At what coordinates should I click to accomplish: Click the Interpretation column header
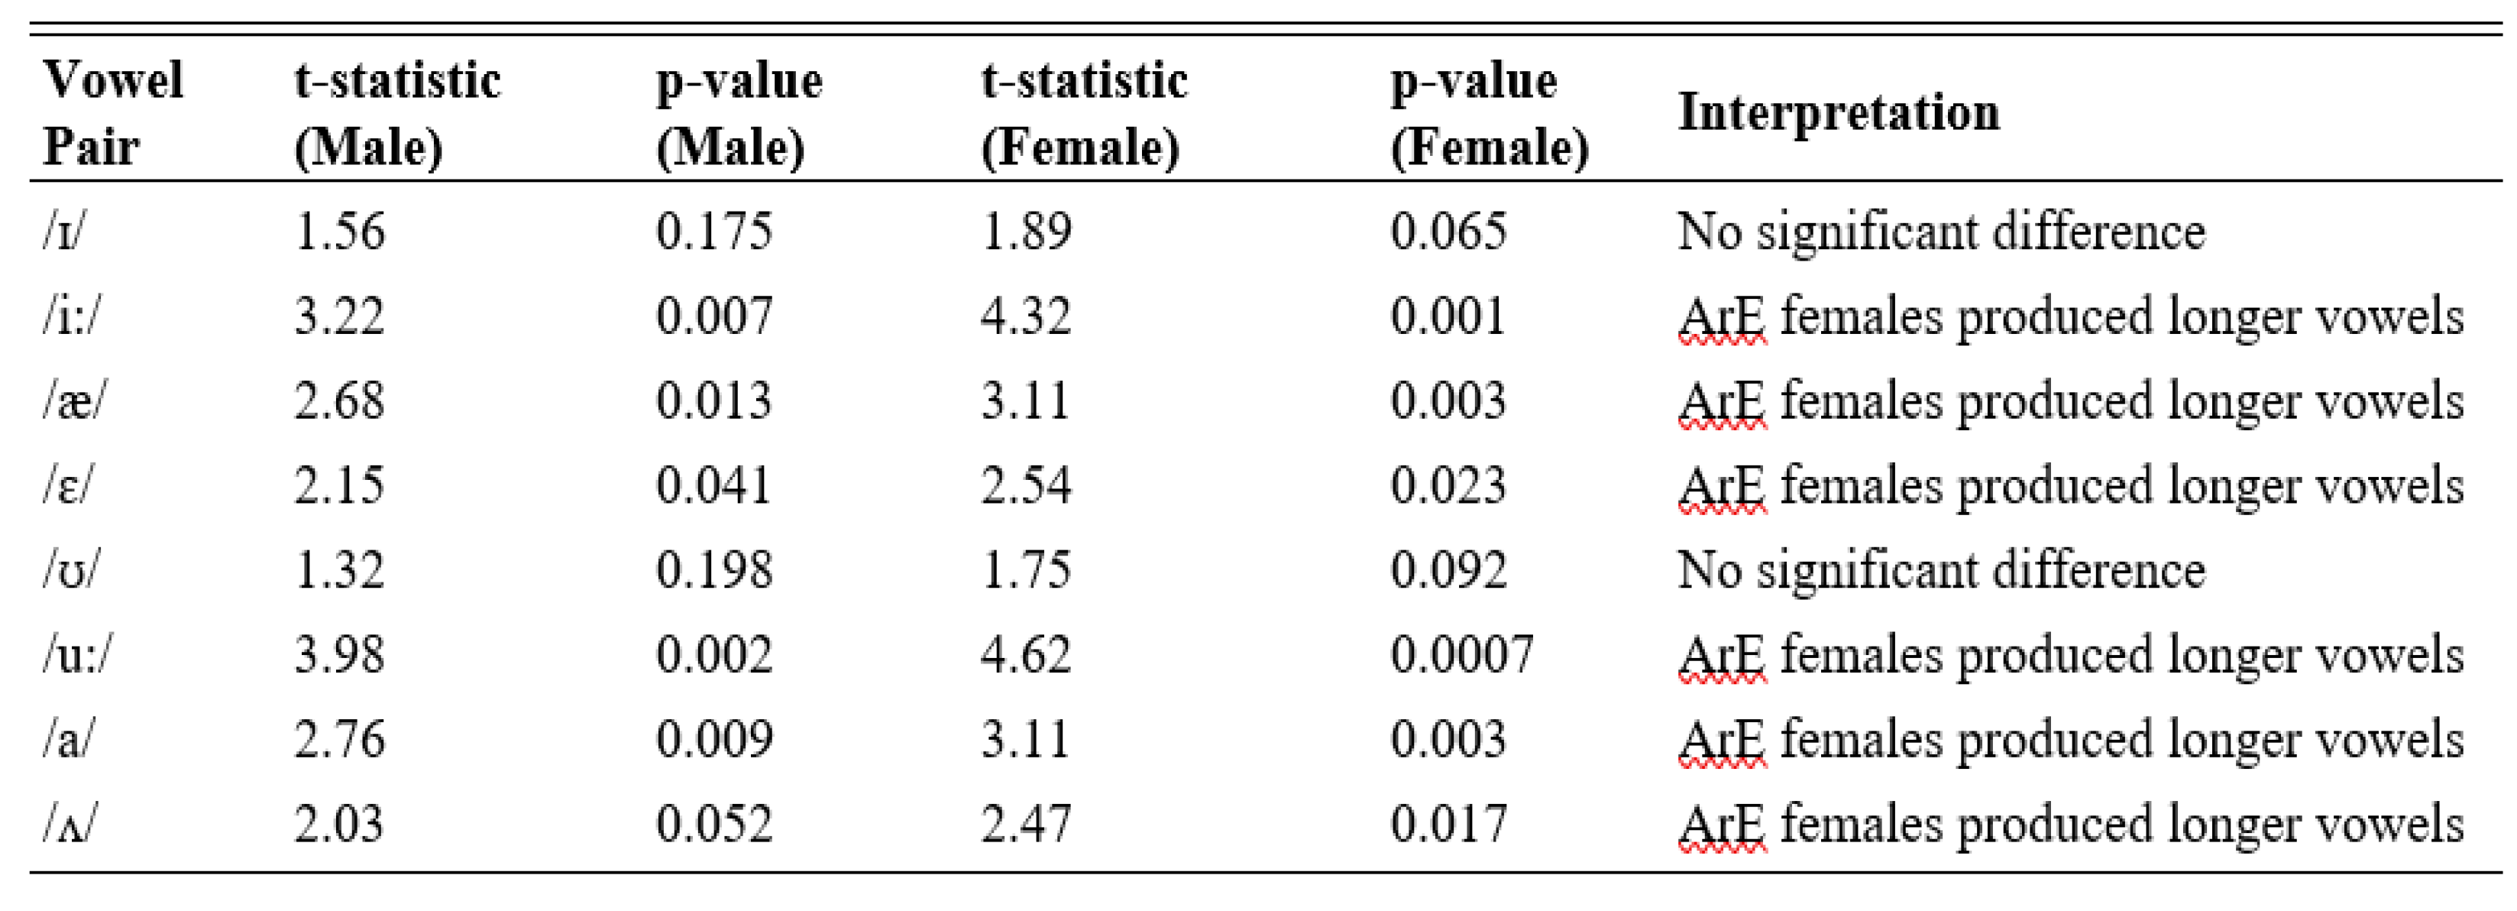click(1838, 112)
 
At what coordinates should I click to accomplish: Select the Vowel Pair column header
click(112, 112)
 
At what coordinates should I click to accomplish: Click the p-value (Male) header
click(738, 112)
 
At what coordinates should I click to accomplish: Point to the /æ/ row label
click(73, 400)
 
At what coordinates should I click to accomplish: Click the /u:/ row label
click(76, 654)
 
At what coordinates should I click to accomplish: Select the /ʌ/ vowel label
click(70, 824)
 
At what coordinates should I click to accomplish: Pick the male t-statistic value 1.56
click(339, 232)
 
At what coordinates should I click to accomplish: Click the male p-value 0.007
click(713, 316)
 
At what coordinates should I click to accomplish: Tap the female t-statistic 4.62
click(1026, 654)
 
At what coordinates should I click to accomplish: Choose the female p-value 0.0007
click(1462, 654)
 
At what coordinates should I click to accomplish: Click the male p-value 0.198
click(713, 570)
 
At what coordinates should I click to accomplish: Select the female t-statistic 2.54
click(1026, 486)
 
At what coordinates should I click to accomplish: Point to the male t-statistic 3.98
click(339, 654)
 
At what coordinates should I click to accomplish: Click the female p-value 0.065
click(1448, 232)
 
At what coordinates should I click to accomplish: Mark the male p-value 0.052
click(713, 824)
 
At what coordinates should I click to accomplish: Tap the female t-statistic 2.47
click(1026, 824)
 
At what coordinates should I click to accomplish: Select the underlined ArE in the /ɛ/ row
click(1722, 486)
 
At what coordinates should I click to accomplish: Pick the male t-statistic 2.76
click(339, 739)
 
